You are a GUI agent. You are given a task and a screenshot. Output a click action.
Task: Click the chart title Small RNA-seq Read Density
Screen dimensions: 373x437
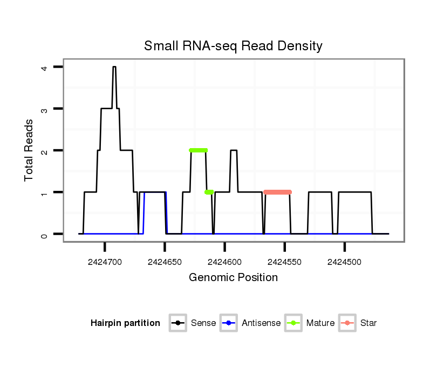233,46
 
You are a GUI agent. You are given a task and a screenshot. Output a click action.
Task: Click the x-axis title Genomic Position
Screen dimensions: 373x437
233,278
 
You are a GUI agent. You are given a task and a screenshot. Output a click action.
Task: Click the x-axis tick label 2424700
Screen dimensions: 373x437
105,262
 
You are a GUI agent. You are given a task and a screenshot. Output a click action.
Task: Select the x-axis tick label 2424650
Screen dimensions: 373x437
165,262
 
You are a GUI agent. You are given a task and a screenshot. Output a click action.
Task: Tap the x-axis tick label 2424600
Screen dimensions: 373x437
225,262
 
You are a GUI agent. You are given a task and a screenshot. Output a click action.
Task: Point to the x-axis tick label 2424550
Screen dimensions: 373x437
285,262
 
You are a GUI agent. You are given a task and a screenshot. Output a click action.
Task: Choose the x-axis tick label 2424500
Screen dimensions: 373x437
345,262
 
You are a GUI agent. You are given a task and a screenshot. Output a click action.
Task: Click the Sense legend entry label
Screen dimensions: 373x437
203,323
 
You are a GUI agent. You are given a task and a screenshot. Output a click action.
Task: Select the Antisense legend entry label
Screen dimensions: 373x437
261,323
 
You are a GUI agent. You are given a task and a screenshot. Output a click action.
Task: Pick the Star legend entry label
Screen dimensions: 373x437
368,323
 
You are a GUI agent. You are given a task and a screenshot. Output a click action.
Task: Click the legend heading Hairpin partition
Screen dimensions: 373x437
125,323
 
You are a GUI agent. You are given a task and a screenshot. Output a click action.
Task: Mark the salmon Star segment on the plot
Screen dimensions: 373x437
278,192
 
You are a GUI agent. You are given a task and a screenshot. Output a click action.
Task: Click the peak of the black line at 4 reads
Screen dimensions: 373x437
114,67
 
